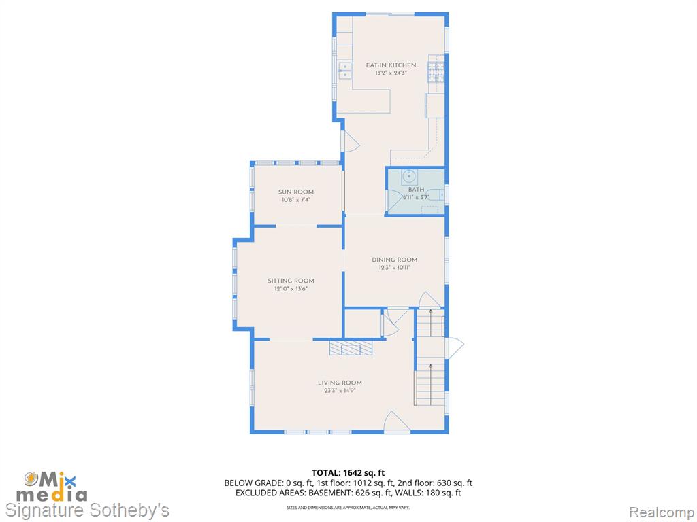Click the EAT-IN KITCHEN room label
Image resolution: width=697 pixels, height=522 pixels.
[x=391, y=65]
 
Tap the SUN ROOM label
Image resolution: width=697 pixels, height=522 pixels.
[x=296, y=192]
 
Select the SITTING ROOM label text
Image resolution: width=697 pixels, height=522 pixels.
[x=291, y=281]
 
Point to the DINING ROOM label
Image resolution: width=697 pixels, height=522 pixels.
[x=394, y=260]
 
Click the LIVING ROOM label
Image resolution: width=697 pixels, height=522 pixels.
[x=340, y=383]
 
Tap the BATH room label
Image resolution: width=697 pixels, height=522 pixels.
[x=416, y=190]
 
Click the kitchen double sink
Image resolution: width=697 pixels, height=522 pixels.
[x=345, y=71]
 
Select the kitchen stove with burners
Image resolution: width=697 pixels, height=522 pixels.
[x=436, y=72]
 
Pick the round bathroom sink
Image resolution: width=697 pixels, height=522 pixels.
[x=409, y=177]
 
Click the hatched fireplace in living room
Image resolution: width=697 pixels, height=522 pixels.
[x=351, y=347]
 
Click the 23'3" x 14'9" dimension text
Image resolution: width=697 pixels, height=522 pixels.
[x=340, y=391]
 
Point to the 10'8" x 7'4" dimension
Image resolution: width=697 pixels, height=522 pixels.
[x=296, y=200]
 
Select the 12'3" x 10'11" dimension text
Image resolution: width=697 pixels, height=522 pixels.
[x=394, y=268]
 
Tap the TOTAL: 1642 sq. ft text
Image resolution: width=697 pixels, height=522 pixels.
[x=348, y=473]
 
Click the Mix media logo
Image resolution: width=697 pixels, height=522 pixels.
[x=52, y=487]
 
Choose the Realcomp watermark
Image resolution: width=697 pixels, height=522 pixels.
[x=662, y=512]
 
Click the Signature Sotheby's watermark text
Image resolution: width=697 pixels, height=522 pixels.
[x=87, y=510]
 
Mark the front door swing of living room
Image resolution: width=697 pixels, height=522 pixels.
[x=397, y=421]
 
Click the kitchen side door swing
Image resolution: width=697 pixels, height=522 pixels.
[x=351, y=141]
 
